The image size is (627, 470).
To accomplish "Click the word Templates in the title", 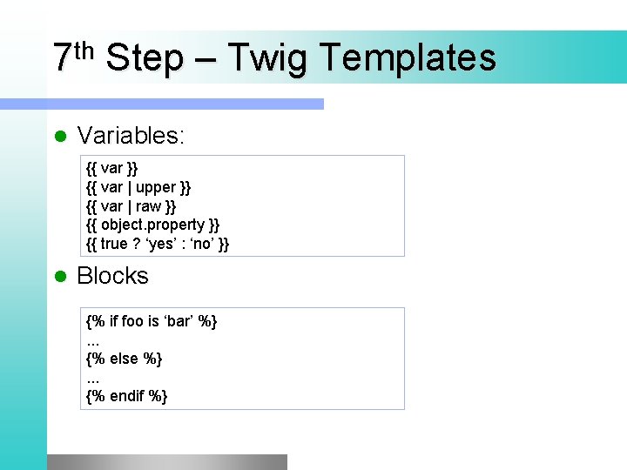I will (408, 58).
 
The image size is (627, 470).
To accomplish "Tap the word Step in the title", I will (144, 58).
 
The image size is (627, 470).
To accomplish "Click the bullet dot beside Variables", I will (60, 137).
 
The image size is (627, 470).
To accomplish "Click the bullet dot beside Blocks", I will (60, 277).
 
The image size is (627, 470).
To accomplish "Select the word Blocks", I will (112, 276).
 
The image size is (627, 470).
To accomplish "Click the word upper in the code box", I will (157, 187).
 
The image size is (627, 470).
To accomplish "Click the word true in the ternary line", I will (115, 245).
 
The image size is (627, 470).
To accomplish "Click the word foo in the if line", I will (132, 322).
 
